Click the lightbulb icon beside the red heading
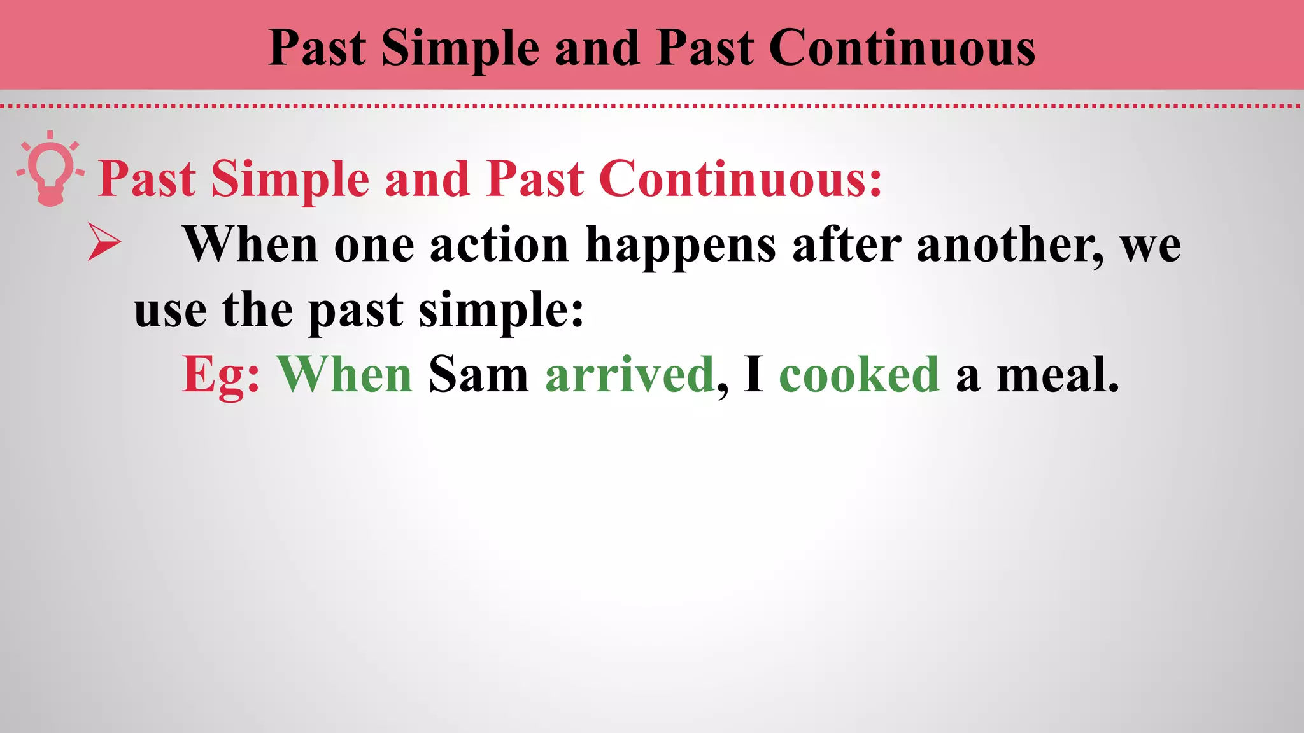50,169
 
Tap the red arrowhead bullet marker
104,242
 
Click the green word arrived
629,375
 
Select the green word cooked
859,375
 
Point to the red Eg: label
220,376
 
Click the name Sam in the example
478,375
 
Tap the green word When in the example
344,375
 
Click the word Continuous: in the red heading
740,179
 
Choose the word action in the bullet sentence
499,245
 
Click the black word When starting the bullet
250,244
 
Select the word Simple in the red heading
290,179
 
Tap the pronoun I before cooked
753,375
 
